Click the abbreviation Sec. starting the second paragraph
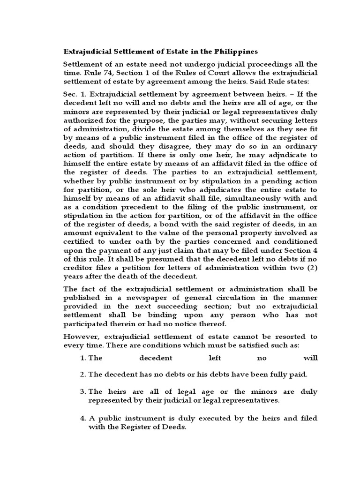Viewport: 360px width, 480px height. (71, 94)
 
